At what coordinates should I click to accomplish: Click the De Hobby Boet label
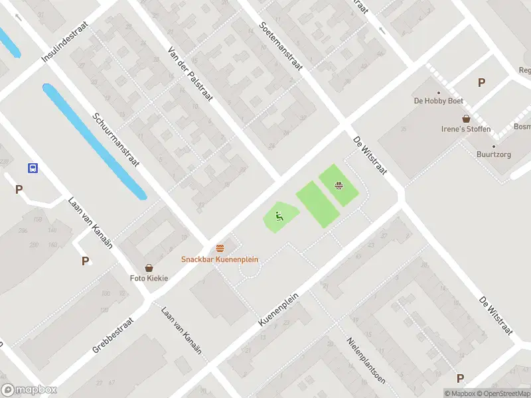(438, 101)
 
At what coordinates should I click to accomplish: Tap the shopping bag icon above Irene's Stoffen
(467, 119)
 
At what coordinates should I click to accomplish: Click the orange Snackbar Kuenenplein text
(220, 259)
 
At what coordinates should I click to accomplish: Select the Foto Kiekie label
(149, 278)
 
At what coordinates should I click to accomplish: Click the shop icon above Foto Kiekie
(149, 267)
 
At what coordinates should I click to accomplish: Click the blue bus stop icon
(32, 168)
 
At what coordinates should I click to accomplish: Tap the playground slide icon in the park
(279, 215)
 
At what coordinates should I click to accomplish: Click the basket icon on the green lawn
(339, 185)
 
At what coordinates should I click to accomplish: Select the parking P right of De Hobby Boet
(481, 83)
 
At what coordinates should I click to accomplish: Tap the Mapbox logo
(29, 390)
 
